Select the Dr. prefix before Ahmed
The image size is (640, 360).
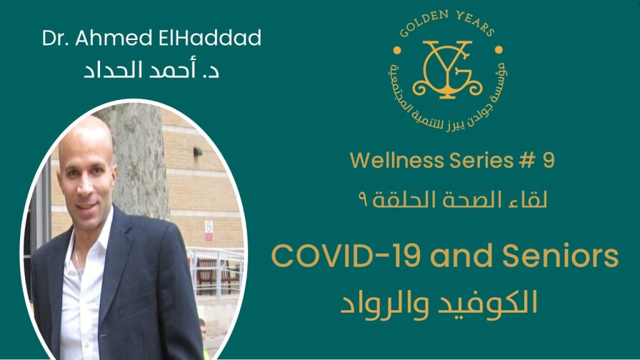pyautogui.click(x=56, y=38)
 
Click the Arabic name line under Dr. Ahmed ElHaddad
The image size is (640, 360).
pyautogui.click(x=151, y=69)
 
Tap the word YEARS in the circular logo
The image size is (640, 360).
pyautogui.click(x=476, y=23)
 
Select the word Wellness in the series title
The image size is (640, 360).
pyautogui.click(x=397, y=160)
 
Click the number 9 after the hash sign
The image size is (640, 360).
pyautogui.click(x=549, y=160)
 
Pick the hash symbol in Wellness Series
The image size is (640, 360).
pyautogui.click(x=527, y=160)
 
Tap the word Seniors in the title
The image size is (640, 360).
pyautogui.click(x=561, y=256)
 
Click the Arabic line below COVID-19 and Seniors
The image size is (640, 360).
pyautogui.click(x=439, y=304)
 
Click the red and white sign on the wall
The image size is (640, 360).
pyautogui.click(x=209, y=231)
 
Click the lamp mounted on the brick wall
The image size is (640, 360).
pyautogui.click(x=198, y=152)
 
